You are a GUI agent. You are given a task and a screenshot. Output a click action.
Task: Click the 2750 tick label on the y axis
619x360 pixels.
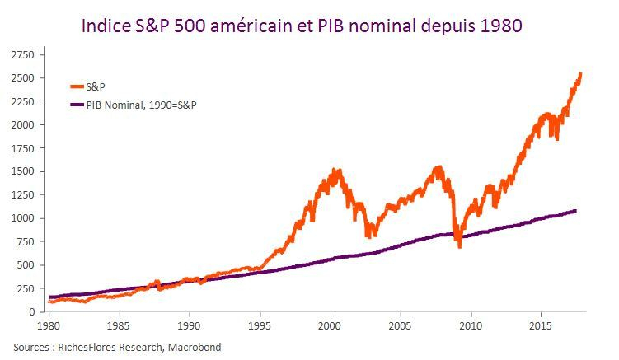click(x=22, y=54)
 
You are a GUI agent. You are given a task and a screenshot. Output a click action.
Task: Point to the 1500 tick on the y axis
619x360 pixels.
click(x=22, y=171)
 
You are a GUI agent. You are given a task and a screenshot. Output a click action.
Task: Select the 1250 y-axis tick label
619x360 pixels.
click(x=22, y=195)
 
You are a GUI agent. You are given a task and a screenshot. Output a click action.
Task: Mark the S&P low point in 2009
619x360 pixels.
click(x=459, y=245)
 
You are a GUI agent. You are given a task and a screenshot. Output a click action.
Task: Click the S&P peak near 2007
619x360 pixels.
click(x=437, y=168)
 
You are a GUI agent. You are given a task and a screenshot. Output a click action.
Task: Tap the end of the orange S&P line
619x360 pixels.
click(x=581, y=74)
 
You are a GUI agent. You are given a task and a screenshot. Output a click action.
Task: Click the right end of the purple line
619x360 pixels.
click(x=575, y=211)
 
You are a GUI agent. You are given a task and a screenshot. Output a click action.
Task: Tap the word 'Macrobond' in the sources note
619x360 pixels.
click(x=194, y=348)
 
